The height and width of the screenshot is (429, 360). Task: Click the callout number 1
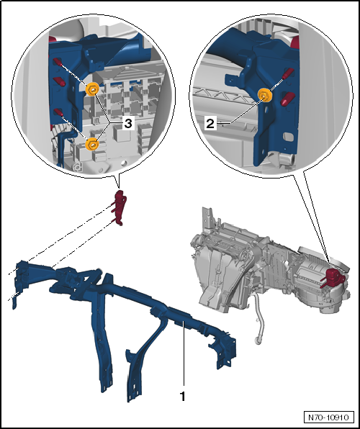point(183,396)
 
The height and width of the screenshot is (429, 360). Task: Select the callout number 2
point(210,124)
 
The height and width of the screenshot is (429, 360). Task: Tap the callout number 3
point(128,124)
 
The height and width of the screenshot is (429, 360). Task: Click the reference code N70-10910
point(328,417)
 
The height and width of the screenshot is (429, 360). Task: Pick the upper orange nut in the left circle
point(92,89)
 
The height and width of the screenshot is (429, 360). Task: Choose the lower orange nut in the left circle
point(92,144)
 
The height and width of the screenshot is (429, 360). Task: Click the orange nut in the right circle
point(265,95)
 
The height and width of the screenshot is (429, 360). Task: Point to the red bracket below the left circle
point(120,208)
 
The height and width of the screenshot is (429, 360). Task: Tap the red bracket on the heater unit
point(333,277)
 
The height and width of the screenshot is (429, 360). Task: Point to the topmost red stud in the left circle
point(58,62)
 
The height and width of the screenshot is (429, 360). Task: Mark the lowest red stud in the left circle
point(58,112)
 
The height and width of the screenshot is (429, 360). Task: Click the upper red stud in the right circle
point(288,73)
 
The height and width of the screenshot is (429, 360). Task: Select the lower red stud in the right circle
point(287,99)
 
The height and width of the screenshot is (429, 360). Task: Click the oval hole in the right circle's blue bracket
point(288,137)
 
